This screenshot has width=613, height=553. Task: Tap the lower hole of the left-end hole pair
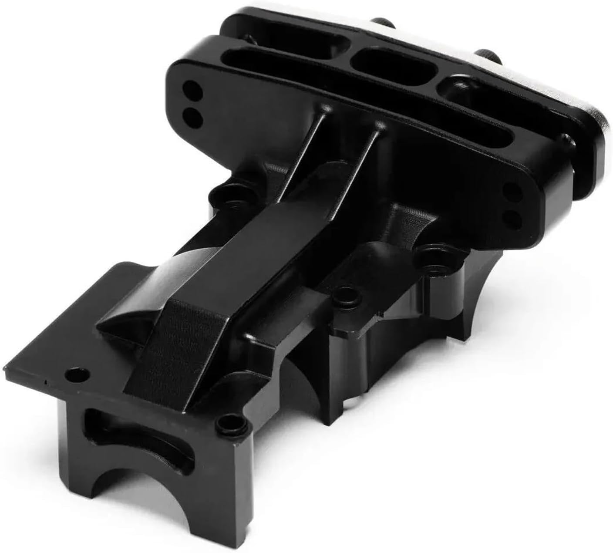[192, 115]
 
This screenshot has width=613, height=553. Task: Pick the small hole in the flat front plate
[77, 374]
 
